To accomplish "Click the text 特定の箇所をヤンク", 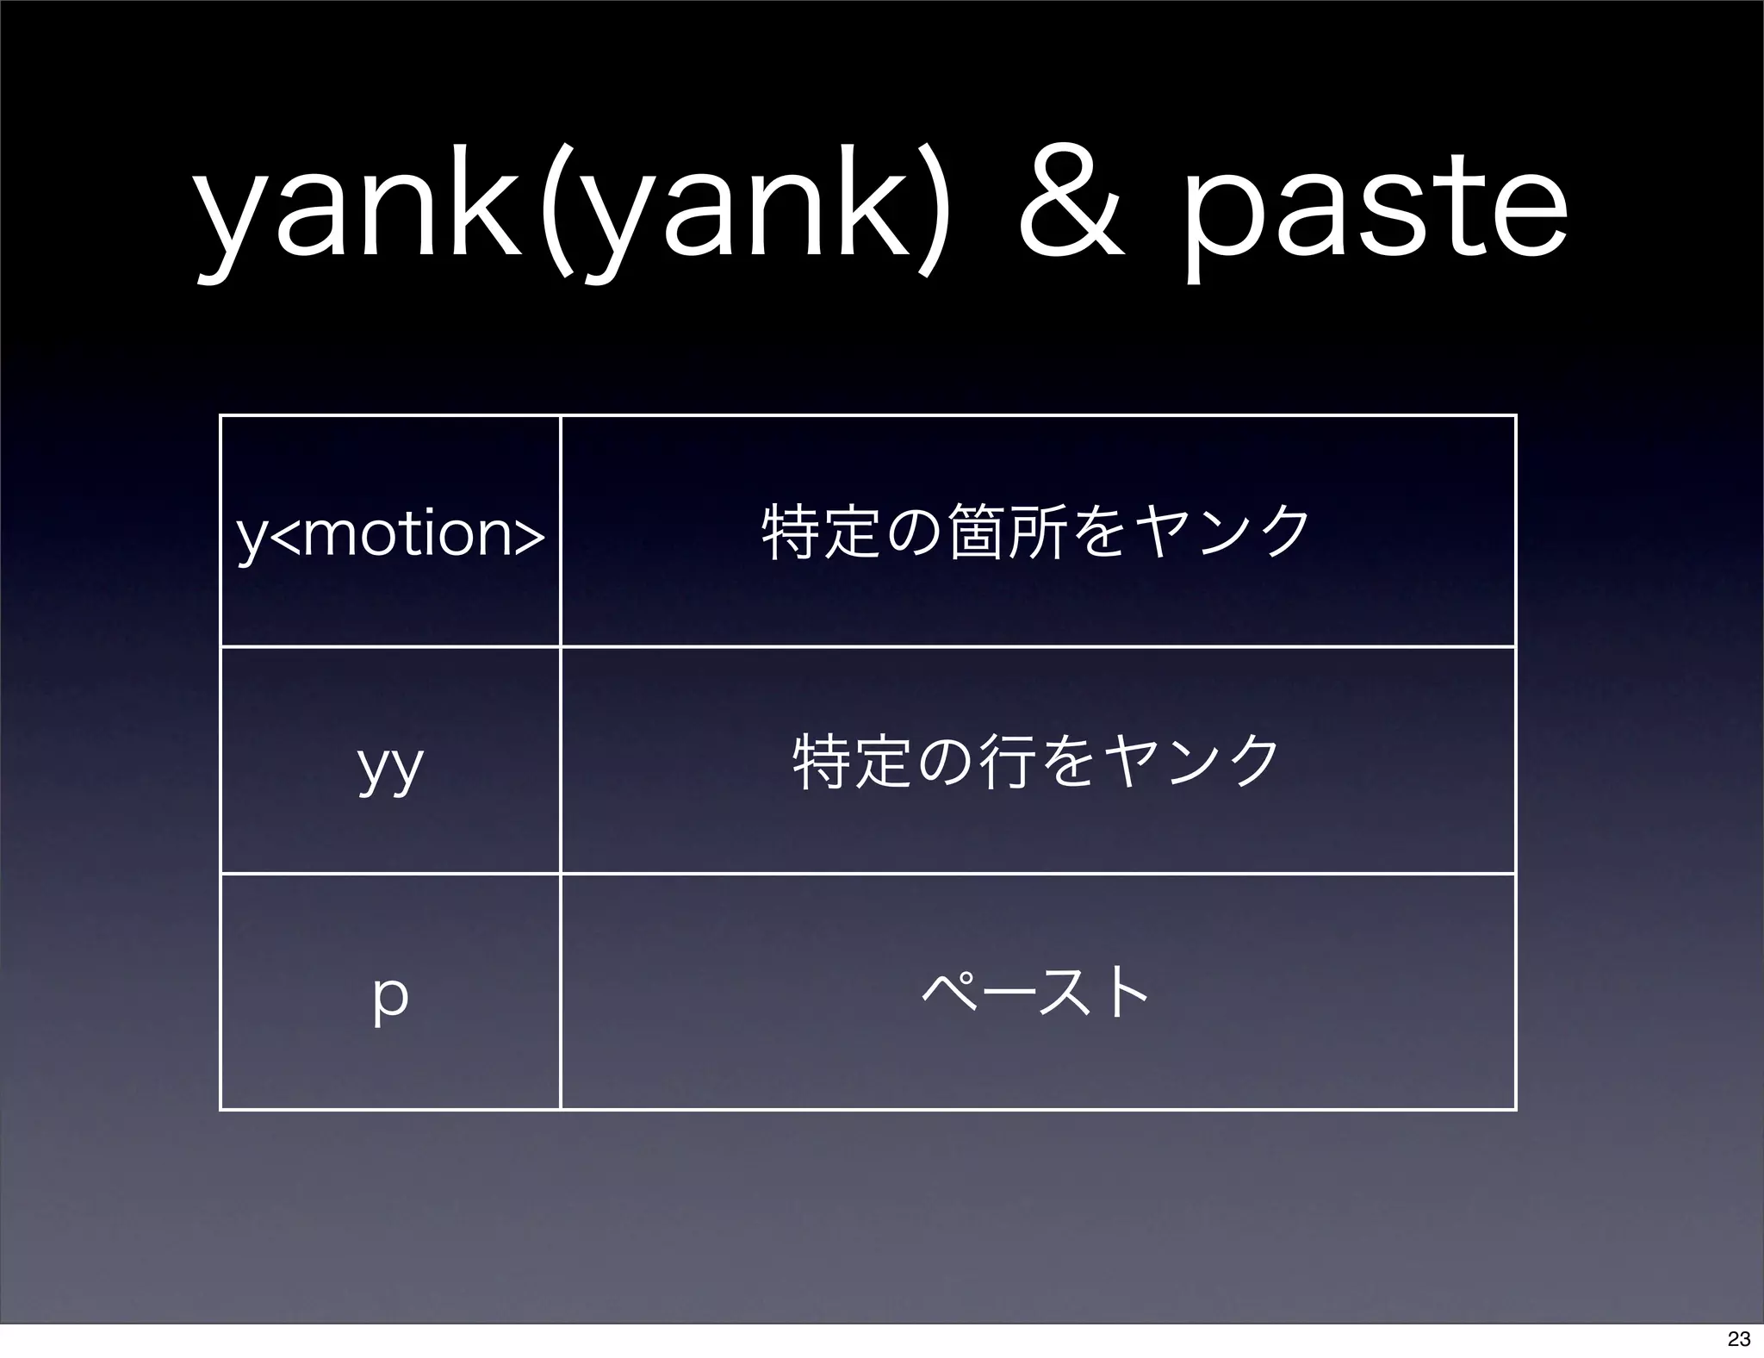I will pyautogui.click(x=1036, y=532).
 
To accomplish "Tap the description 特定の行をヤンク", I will pyautogui.click(x=1036, y=762).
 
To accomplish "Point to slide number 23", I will pyautogui.click(x=1738, y=1339).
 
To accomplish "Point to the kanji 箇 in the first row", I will pyautogui.click(x=975, y=532).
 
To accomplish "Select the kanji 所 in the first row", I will pyautogui.click(x=1035, y=532).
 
